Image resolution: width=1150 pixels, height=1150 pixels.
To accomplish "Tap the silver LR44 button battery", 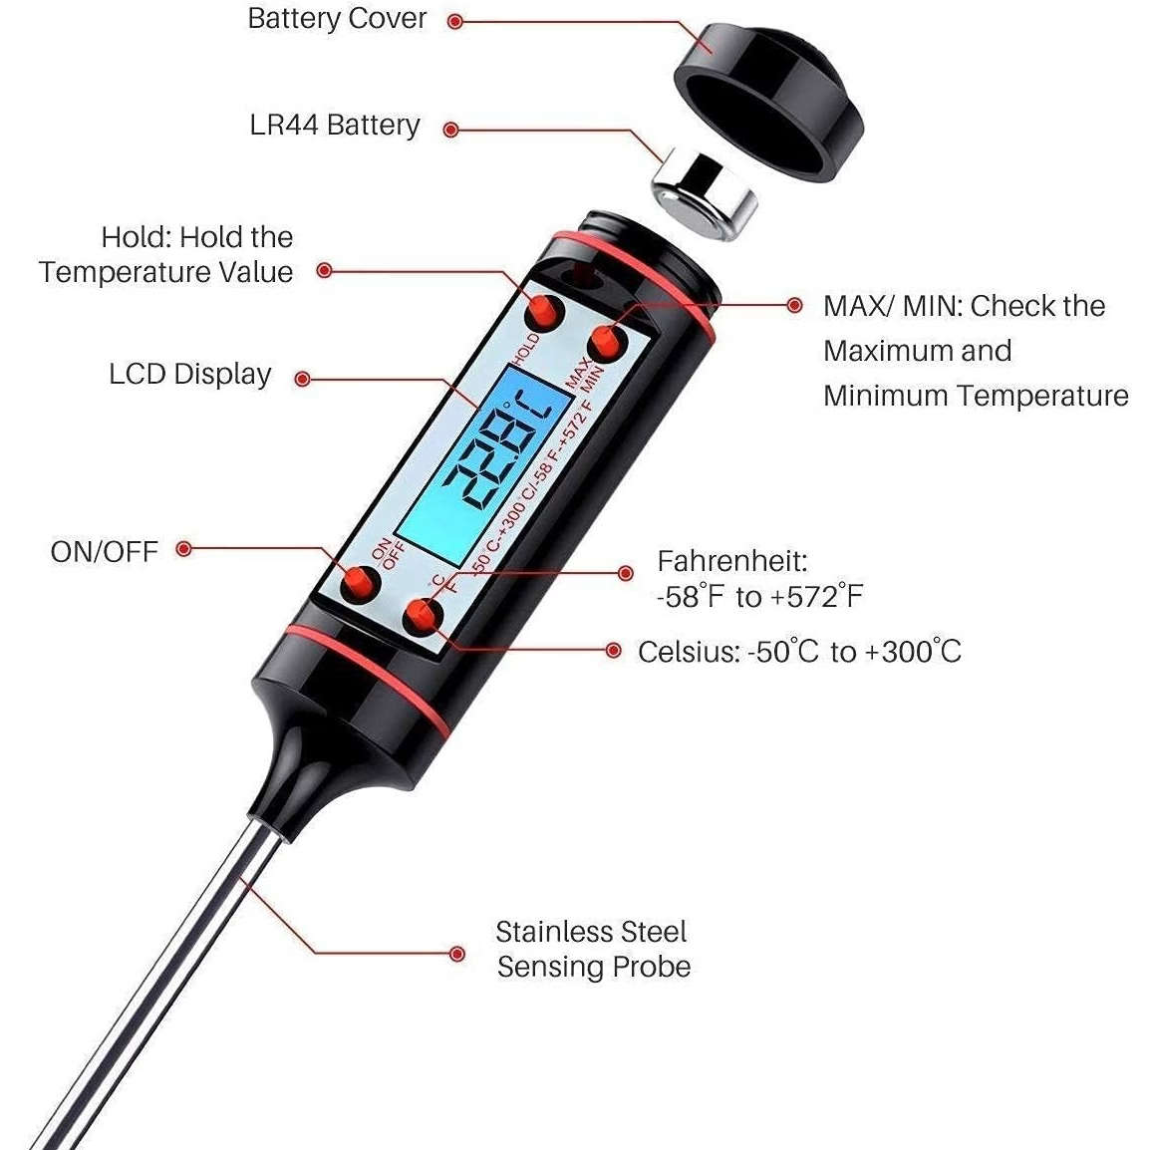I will click(x=706, y=194).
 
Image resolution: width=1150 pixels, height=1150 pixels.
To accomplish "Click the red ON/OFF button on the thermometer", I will click(x=360, y=585).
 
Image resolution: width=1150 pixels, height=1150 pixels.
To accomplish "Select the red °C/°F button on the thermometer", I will click(x=424, y=617).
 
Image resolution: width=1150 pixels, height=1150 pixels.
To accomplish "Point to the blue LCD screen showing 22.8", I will click(x=485, y=459).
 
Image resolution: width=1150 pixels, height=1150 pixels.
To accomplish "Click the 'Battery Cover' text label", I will click(x=337, y=19).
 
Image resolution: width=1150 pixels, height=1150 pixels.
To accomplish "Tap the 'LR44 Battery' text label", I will click(x=335, y=126).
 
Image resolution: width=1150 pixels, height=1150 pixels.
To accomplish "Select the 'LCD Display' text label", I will click(x=190, y=375).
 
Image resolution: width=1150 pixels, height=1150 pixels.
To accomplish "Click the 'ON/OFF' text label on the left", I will click(x=105, y=551).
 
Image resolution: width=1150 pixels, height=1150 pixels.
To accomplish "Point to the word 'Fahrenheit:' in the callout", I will click(x=732, y=561).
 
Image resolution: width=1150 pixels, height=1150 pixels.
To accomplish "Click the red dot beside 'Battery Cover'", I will click(x=455, y=21).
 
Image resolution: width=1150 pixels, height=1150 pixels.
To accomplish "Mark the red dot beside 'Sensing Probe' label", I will click(x=456, y=954).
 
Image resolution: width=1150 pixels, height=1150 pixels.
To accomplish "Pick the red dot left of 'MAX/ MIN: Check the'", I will click(x=794, y=305).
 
